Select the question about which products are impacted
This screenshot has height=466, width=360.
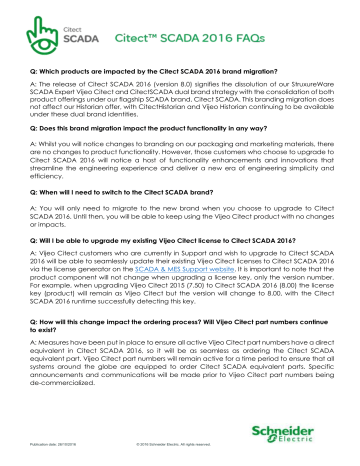[151, 70]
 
